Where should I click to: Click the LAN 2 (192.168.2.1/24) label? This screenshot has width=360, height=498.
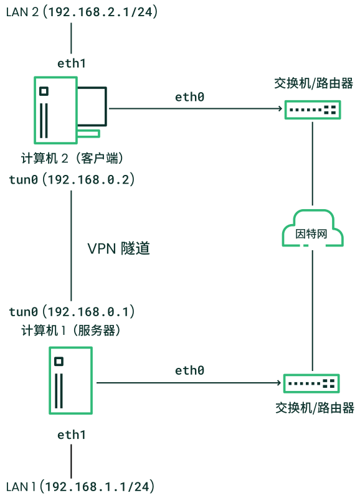point(82,12)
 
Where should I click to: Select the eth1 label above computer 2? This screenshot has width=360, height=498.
point(72,63)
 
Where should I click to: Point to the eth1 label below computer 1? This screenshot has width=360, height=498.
point(72,435)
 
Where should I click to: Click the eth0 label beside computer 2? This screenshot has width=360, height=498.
point(190,97)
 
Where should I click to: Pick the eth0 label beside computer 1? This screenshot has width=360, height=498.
point(190,370)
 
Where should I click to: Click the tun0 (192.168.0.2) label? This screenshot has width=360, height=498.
point(72,180)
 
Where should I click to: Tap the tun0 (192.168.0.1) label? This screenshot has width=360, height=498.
point(72,312)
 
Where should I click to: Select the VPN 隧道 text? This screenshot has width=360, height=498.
point(118,248)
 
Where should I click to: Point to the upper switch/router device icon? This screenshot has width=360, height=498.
point(313,110)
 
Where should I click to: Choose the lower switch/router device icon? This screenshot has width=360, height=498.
point(311,383)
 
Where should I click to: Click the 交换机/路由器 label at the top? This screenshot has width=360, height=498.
point(314,83)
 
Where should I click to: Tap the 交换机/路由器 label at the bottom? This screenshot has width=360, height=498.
point(315,408)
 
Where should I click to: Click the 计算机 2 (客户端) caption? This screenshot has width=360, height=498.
point(72,158)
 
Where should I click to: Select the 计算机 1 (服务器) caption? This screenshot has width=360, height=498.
point(71,331)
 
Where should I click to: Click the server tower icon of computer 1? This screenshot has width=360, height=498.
point(70,380)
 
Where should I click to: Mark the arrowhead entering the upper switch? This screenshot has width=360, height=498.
point(280,108)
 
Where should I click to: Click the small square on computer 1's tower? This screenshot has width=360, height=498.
point(59,362)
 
